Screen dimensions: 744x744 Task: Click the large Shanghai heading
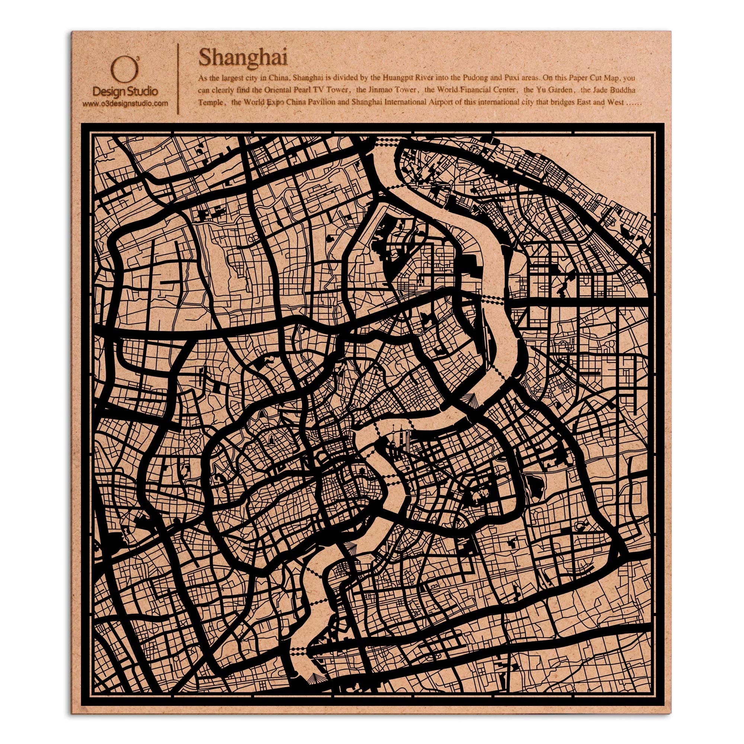[x=243, y=58]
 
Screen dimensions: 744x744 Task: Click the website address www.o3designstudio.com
[x=125, y=103]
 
